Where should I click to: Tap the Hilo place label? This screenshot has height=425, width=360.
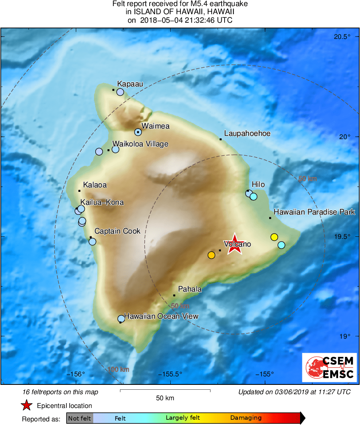tap(258, 185)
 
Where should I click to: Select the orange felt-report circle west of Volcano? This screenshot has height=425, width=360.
tap(211, 255)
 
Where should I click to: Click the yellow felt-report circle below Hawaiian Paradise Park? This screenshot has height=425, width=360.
tap(274, 237)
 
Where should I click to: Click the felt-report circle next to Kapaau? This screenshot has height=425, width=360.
tap(120, 92)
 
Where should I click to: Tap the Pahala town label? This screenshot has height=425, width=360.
tap(190, 289)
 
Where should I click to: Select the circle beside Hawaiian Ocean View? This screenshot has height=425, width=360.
tap(121, 319)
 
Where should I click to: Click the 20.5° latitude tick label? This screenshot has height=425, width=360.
tap(342, 37)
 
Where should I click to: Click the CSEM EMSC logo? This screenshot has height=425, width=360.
tap(329, 367)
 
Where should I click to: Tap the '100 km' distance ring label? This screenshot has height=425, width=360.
tap(118, 369)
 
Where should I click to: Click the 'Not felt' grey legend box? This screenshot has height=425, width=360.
tap(79, 418)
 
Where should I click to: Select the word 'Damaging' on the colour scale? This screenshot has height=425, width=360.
tap(246, 418)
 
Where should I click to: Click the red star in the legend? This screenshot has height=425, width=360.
tap(27, 405)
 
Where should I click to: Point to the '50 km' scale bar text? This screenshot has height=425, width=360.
tap(165, 398)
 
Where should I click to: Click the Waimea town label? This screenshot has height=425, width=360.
tap(155, 126)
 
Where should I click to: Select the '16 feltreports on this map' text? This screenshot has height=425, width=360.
tap(60, 392)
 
